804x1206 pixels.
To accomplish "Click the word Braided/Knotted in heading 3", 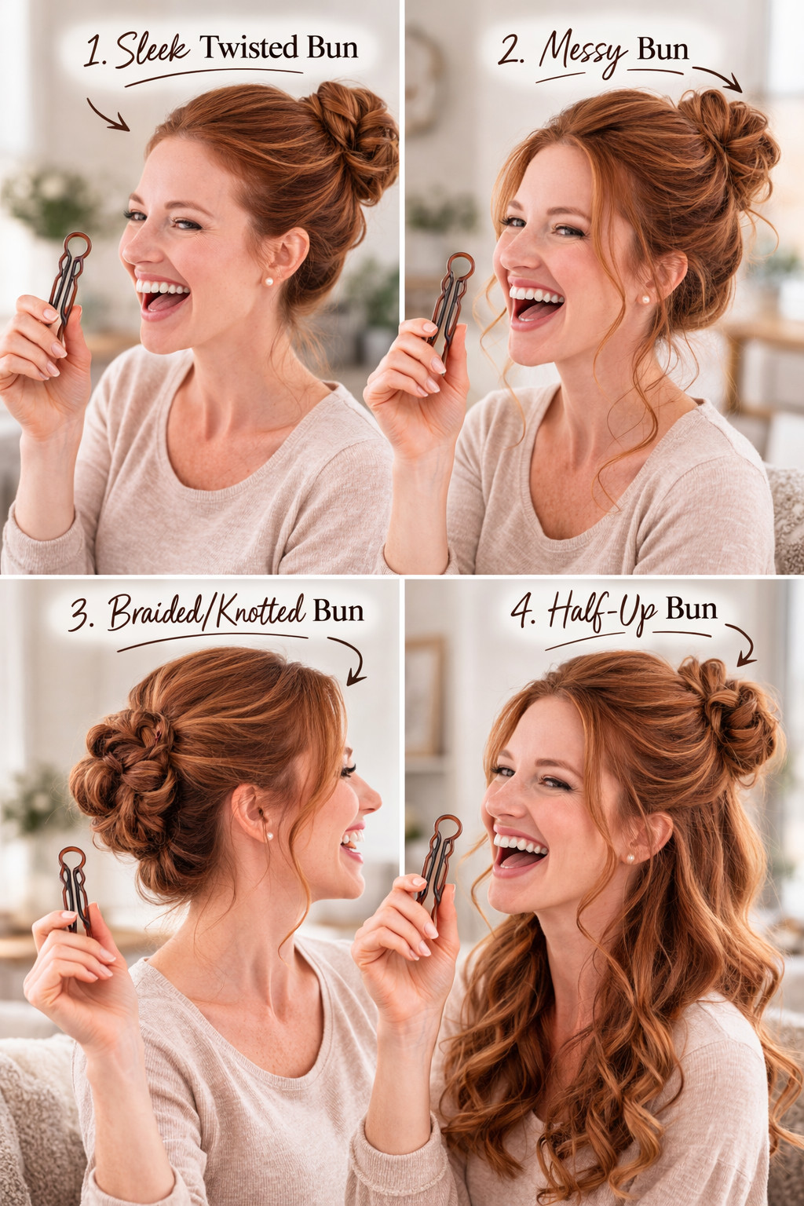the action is click(x=206, y=611).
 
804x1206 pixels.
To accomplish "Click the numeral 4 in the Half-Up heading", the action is click(x=522, y=612).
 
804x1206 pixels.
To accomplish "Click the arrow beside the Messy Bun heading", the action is click(x=717, y=76).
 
